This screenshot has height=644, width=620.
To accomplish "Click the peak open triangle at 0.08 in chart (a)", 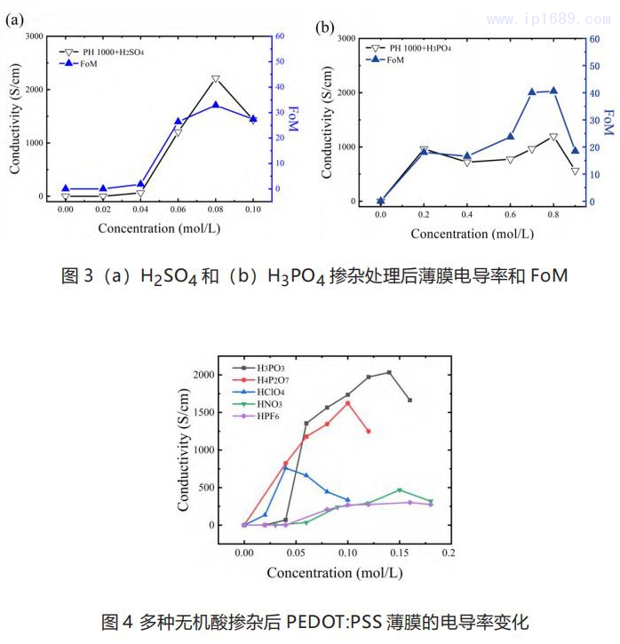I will tap(216, 79).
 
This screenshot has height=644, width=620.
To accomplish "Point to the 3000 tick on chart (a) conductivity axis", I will tap(32, 36).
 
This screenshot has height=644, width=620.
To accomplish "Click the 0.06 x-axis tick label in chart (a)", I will tap(178, 210).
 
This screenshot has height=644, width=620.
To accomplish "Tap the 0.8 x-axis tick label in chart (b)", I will tap(553, 216).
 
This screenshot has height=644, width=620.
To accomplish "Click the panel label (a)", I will tap(14, 19).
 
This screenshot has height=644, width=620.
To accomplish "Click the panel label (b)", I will tap(325, 28).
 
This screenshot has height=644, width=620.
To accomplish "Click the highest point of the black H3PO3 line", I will tap(389, 372).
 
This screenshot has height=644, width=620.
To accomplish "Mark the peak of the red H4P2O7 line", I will tap(347, 402).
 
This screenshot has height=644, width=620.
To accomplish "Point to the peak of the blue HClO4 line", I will tap(285, 468).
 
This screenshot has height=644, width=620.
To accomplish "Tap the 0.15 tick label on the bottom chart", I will tap(400, 553).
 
